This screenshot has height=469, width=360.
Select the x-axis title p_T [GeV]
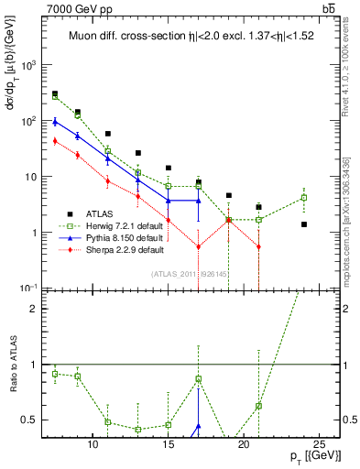point(310,456)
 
